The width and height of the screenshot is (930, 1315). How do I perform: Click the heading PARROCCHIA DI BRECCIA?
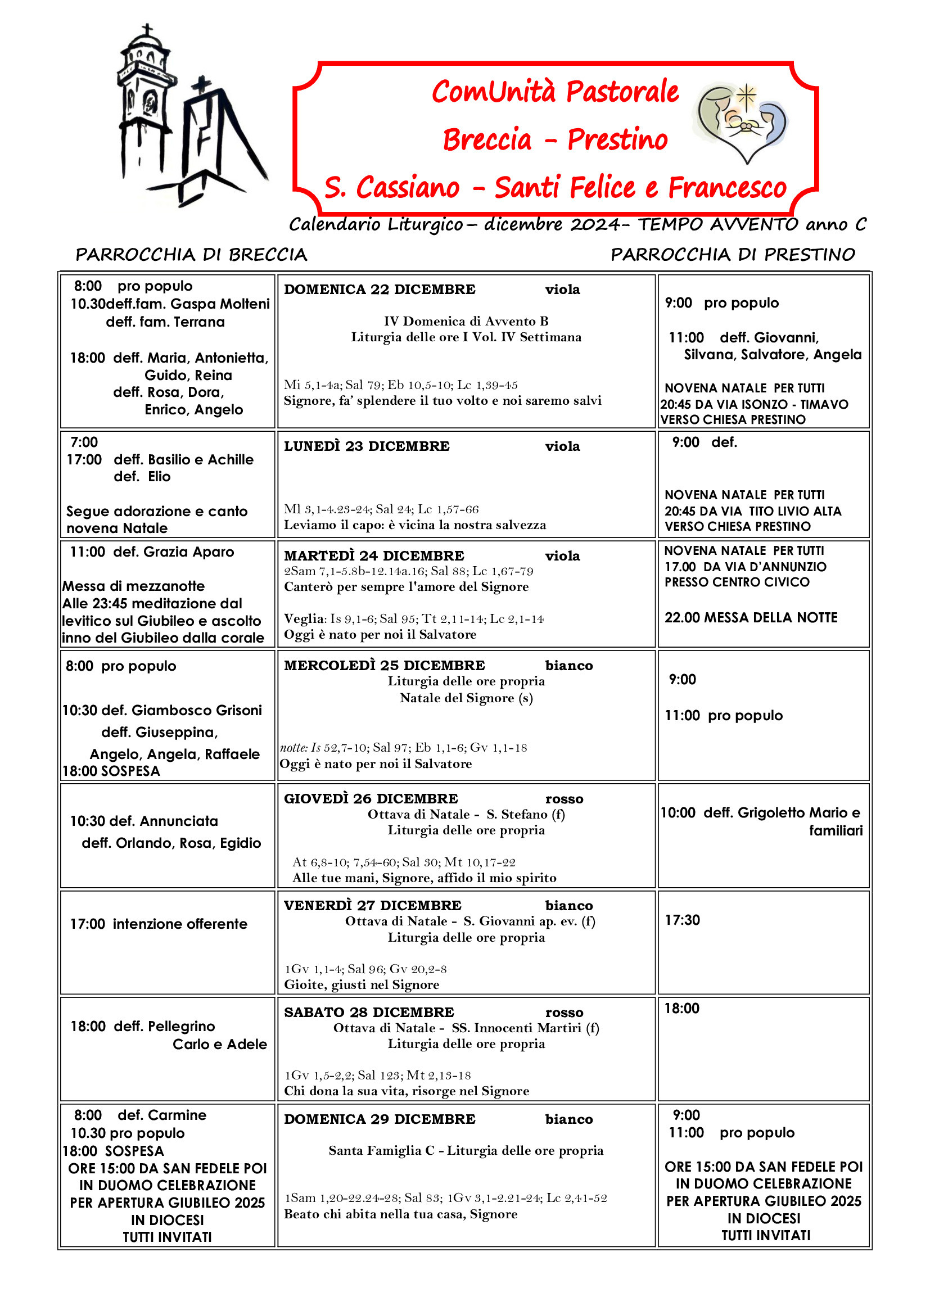191,254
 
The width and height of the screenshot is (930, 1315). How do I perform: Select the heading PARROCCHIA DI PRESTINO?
733,254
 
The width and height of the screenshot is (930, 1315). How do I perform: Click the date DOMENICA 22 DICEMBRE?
379,290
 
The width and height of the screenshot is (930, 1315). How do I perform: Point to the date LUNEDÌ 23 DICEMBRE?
367,446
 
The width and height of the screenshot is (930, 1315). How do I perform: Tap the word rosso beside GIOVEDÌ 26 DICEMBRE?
564,799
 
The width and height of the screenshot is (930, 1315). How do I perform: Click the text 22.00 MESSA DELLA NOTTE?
750,617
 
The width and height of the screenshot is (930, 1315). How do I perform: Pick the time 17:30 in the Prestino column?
682,920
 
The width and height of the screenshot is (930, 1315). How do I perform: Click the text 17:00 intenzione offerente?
159,924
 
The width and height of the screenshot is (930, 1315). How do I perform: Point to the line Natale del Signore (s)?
466,698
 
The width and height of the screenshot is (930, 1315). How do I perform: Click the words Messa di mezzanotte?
133,586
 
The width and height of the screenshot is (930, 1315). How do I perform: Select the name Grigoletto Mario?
790,813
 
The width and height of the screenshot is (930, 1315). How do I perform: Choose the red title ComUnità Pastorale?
555,92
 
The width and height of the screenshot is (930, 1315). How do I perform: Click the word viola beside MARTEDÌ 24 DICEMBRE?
562,556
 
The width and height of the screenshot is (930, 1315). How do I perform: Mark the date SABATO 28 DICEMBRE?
369,1013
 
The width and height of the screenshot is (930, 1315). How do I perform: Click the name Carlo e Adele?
219,1044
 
